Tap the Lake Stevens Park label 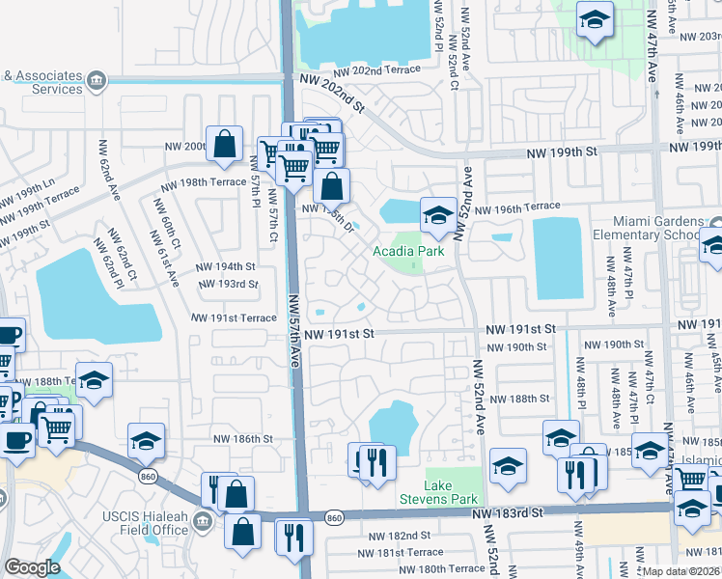click(x=452, y=492)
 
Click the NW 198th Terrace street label click(x=204, y=182)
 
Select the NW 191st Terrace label click(x=234, y=317)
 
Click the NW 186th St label click(x=243, y=438)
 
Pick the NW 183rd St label click(x=516, y=519)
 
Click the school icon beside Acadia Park click(x=437, y=215)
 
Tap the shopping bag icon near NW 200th click(x=224, y=146)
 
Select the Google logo click(x=32, y=567)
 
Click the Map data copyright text click(x=681, y=571)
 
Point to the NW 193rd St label click(x=228, y=284)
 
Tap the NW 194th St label click(x=225, y=266)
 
